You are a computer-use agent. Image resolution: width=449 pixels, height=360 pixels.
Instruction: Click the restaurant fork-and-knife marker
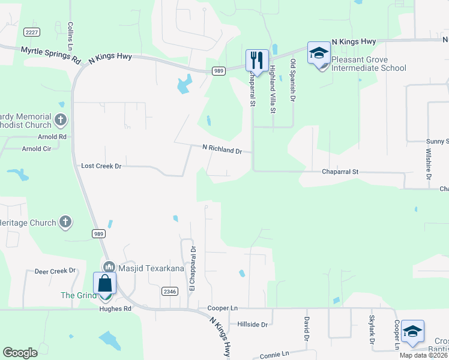(255, 59)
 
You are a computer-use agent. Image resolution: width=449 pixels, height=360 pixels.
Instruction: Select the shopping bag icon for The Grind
(104, 283)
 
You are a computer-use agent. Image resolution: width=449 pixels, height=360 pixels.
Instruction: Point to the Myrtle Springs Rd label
(50, 56)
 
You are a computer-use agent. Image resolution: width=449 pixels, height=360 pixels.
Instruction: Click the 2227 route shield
(32, 31)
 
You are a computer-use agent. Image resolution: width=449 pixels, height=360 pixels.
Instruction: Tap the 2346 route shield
(169, 291)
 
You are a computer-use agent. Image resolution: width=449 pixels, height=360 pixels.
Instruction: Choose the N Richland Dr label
(221, 149)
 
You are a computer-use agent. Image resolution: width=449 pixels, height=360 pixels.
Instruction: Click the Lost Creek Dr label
(101, 166)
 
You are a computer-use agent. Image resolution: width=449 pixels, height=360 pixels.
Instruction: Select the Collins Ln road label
(70, 37)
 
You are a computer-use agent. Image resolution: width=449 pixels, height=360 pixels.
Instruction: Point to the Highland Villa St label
(272, 89)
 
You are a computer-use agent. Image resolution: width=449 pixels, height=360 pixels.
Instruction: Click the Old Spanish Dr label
(293, 80)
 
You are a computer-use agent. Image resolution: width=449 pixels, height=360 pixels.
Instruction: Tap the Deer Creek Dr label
(55, 271)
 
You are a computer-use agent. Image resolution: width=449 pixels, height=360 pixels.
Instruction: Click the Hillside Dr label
(253, 324)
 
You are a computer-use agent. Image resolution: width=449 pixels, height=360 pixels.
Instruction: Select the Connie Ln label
(275, 355)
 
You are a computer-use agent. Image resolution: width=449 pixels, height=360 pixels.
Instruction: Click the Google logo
(20, 353)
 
